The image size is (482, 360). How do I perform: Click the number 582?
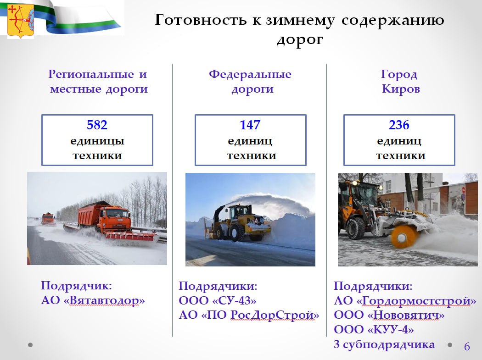97,125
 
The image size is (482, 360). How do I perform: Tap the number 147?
250,125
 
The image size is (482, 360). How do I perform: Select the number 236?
399,125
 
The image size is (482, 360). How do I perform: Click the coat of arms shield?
20,20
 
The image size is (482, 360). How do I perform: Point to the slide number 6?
467,347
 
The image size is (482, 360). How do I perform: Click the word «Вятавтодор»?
106,301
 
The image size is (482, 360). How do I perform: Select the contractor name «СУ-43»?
234,301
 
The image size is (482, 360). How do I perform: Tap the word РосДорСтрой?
274,316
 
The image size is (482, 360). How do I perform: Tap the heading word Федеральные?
250,74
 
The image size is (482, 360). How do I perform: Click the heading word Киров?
401,89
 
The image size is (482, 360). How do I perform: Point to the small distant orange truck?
47,218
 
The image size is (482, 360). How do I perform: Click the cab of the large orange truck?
118,217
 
